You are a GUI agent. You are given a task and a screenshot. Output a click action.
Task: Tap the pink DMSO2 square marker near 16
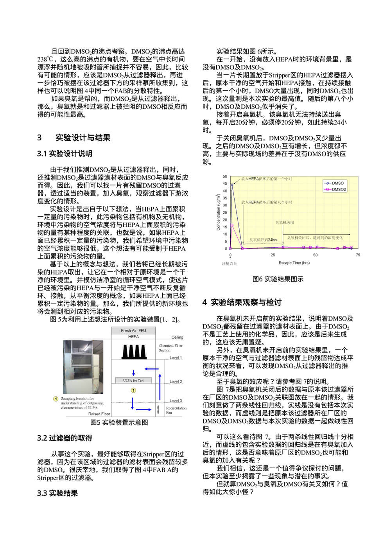pyautogui.click(x=232, y=225)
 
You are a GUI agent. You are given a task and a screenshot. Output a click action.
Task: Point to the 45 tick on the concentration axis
pyautogui.click(x=225, y=183)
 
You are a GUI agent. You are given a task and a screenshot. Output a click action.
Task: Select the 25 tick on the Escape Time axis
pyautogui.click(x=273, y=255)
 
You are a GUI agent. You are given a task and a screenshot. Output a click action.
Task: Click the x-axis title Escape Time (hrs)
pyautogui.click(x=294, y=263)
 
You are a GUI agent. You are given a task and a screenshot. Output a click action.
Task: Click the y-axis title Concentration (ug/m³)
pyautogui.click(x=218, y=212)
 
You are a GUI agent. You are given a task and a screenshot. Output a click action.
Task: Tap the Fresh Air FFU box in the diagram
pyautogui.click(x=133, y=330)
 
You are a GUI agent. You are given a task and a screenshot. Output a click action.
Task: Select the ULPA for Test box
pyautogui.click(x=133, y=380)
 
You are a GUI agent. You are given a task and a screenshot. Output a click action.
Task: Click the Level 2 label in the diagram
pyautogui.click(x=176, y=381)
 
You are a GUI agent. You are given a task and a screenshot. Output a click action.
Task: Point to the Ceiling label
pyautogui.click(x=177, y=337)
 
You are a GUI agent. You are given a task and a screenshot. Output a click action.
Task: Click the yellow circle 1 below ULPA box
pyautogui.click(x=133, y=390)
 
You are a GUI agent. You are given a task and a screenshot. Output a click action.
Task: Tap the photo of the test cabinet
pyautogui.click(x=83, y=367)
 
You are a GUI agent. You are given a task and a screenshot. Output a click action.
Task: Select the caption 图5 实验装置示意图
pyautogui.click(x=119, y=422)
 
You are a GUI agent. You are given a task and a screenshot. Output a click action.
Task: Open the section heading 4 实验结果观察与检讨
pyautogui.click(x=242, y=302)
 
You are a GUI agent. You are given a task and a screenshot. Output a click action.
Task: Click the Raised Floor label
pyautogui.click(x=99, y=414)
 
